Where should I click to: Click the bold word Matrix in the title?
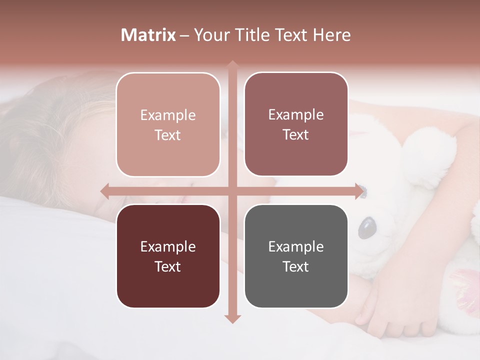pyautogui.click(x=148, y=35)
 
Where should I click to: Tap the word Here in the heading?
pyautogui.click(x=331, y=35)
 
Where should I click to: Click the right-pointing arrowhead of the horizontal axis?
pyautogui.click(x=359, y=191)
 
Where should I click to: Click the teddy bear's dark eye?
pyautogui.click(x=368, y=228)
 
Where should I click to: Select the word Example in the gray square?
pyautogui.click(x=296, y=246)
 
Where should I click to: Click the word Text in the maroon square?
pyautogui.click(x=168, y=266)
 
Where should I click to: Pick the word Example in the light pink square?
pyautogui.click(x=168, y=115)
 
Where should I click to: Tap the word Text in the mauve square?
pyautogui.click(x=296, y=134)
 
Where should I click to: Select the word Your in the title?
pyautogui.click(x=209, y=35)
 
